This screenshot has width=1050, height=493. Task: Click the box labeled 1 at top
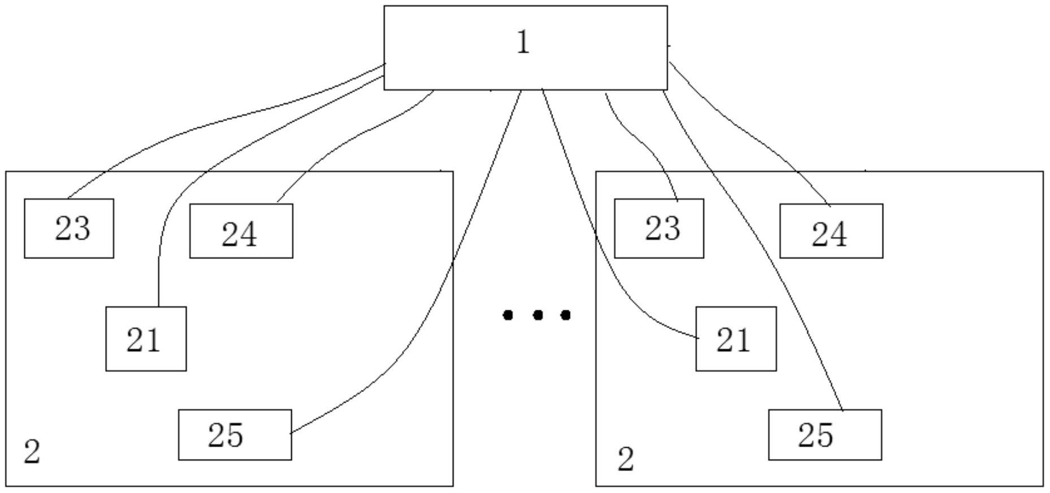(x=525, y=47)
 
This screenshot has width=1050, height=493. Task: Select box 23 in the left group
(x=69, y=228)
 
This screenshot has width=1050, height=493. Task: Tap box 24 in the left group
(x=241, y=231)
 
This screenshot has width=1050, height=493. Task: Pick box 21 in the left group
(x=146, y=339)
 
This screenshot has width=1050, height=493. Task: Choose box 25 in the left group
(x=235, y=435)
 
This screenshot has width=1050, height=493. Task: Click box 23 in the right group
(x=659, y=228)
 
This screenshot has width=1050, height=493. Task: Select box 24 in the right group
(x=831, y=231)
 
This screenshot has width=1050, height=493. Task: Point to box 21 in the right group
(x=736, y=339)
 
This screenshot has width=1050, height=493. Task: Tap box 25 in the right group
(x=824, y=435)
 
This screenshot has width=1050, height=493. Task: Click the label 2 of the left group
(x=32, y=452)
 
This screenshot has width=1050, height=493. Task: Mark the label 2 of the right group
(x=625, y=459)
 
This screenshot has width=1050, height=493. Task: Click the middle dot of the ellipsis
(x=538, y=314)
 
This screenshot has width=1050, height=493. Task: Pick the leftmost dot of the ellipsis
(x=508, y=314)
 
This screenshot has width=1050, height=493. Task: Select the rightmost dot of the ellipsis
(x=565, y=314)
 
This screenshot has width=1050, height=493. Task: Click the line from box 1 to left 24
(x=351, y=136)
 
